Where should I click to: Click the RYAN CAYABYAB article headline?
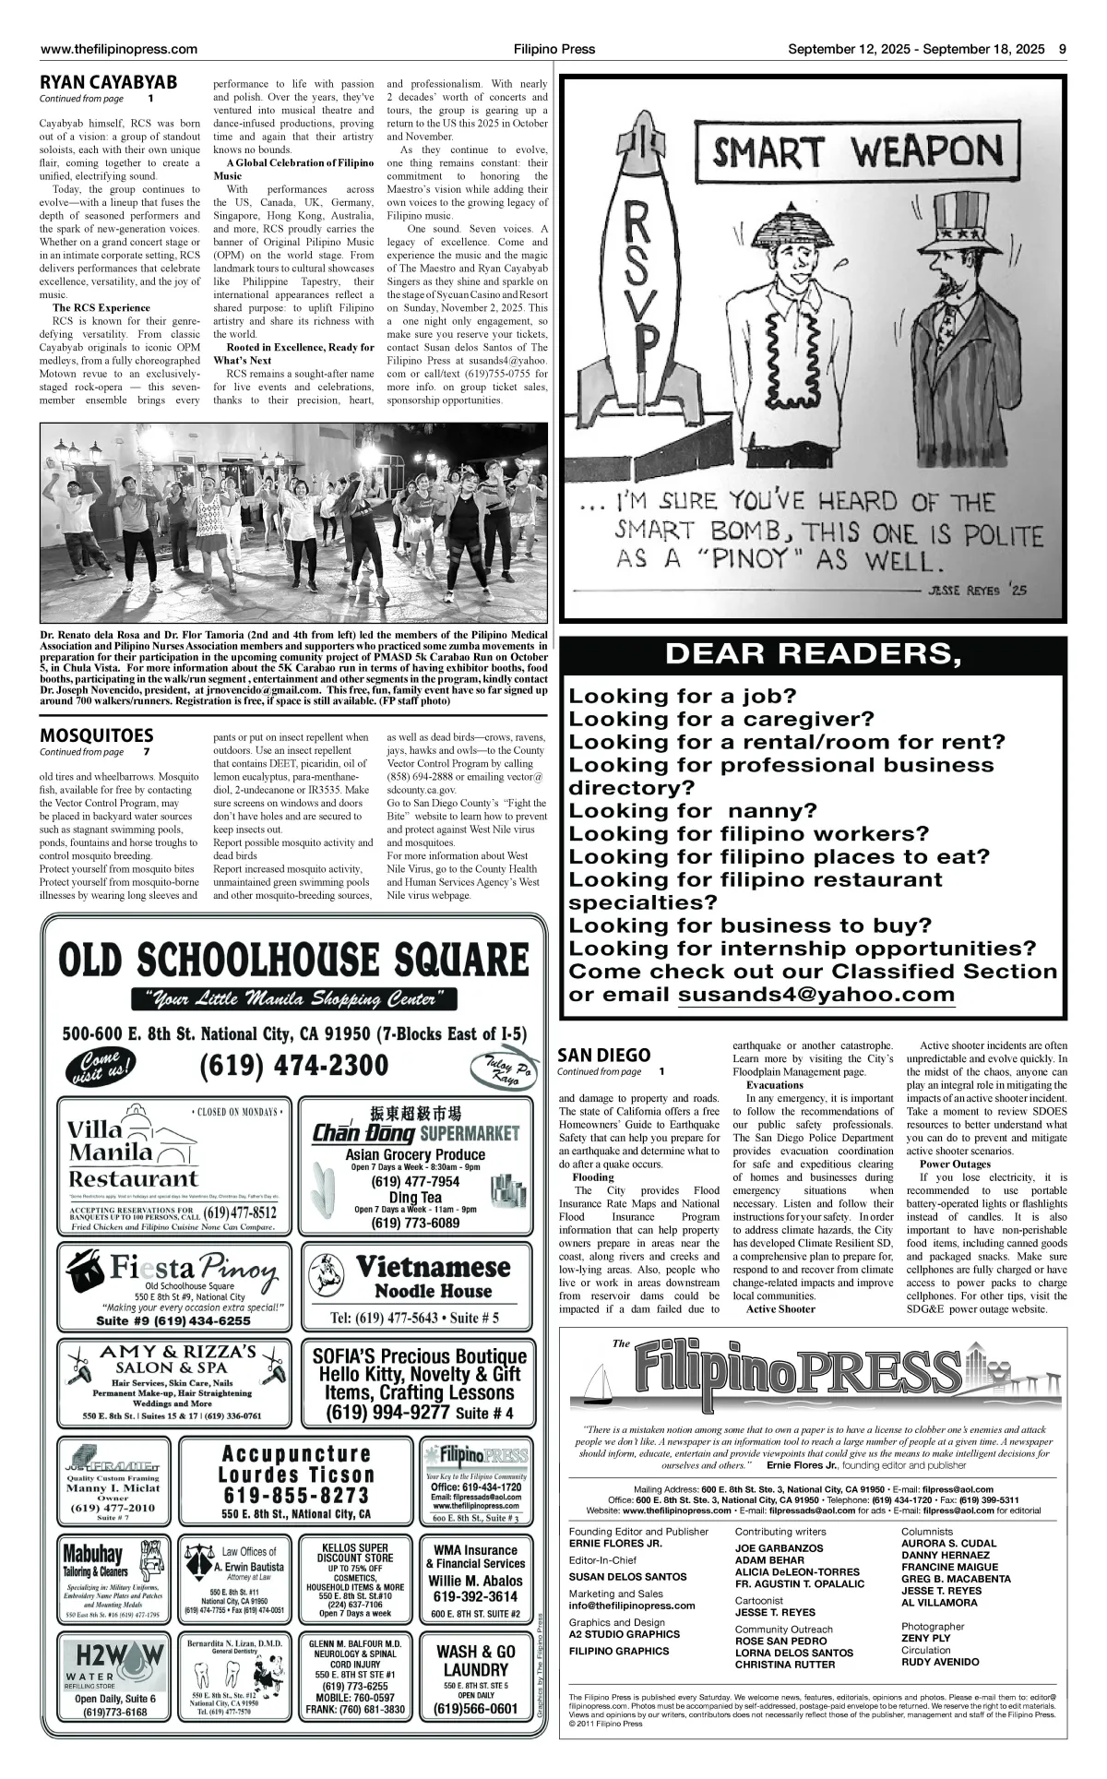pos(108,83)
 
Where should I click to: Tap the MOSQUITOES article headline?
pos(96,735)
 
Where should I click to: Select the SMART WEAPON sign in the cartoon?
pos(857,152)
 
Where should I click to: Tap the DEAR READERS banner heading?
pos(813,654)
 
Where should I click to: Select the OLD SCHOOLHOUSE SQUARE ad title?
pos(293,960)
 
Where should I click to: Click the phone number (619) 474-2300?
pos(293,1065)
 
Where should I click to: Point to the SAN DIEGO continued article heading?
pos(604,1055)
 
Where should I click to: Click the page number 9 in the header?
pos(1063,49)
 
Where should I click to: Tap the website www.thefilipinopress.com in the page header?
pos(119,49)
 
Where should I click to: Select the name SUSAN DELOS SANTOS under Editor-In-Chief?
pos(627,1577)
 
